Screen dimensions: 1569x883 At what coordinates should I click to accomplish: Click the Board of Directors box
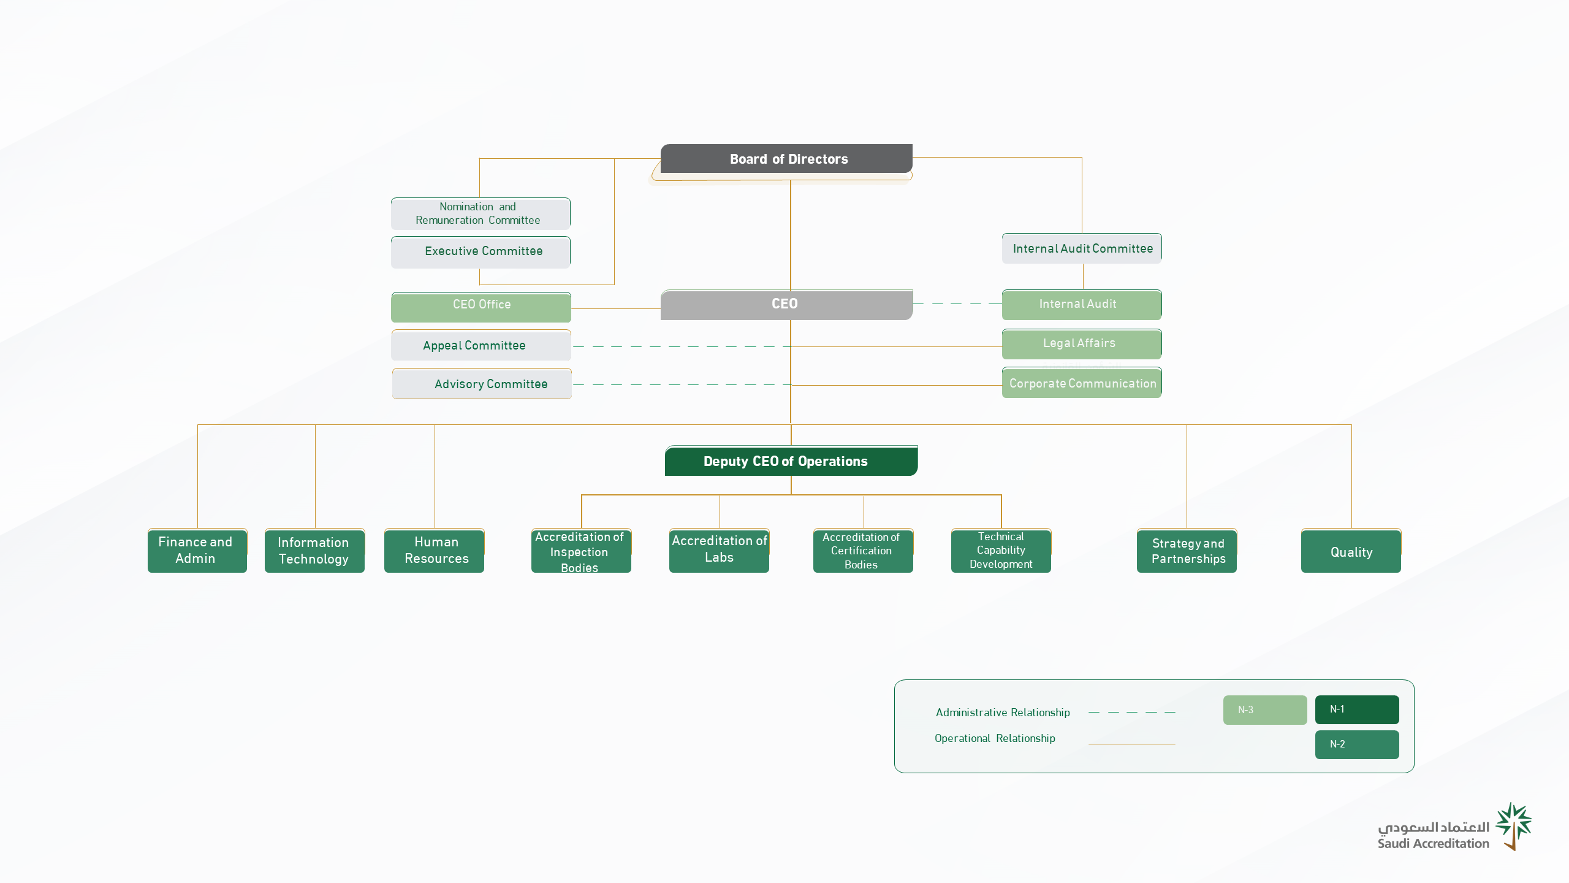pyautogui.click(x=786, y=159)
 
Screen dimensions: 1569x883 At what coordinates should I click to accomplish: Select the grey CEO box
pyautogui.click(x=786, y=305)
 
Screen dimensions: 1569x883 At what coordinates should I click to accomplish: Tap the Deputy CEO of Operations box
pyautogui.click(x=791, y=461)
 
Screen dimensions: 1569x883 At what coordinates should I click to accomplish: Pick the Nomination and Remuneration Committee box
pyautogui.click(x=481, y=213)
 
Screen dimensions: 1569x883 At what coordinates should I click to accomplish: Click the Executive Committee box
pyautogui.click(x=481, y=252)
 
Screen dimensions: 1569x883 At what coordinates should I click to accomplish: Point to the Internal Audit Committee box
pyautogui.click(x=1082, y=248)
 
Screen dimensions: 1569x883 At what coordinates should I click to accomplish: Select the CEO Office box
pyautogui.click(x=481, y=307)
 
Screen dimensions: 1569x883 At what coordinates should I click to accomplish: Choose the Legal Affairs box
pyautogui.click(x=1082, y=344)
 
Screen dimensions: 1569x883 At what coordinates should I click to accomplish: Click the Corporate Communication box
pyautogui.click(x=1082, y=383)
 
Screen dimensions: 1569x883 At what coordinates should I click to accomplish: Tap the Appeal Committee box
pyautogui.click(x=481, y=345)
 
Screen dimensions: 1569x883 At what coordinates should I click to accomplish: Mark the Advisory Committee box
pyautogui.click(x=482, y=384)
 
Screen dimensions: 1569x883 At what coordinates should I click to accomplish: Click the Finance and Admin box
pyautogui.click(x=197, y=551)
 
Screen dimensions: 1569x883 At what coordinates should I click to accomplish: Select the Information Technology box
pyautogui.click(x=314, y=551)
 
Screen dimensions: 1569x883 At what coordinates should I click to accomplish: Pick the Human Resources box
pyautogui.click(x=434, y=551)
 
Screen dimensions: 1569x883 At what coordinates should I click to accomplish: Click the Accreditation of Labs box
pyautogui.click(x=719, y=551)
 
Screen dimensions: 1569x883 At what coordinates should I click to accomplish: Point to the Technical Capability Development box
pyautogui.click(x=1001, y=551)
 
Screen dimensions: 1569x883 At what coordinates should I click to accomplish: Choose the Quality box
pyautogui.click(x=1351, y=551)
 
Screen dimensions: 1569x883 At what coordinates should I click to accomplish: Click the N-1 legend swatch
pyautogui.click(x=1357, y=709)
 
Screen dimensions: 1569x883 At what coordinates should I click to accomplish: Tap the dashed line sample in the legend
pyautogui.click(x=1132, y=712)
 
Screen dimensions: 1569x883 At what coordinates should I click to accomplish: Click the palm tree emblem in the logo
pyautogui.click(x=1514, y=826)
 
